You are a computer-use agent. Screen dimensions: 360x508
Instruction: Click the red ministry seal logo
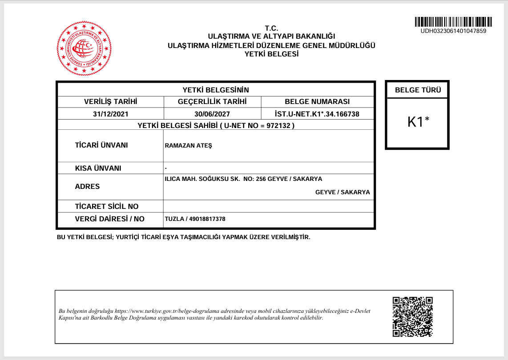coord(84,48)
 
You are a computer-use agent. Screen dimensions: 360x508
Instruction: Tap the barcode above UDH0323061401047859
coord(454,22)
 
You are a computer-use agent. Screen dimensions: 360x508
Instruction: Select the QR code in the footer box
coord(413,317)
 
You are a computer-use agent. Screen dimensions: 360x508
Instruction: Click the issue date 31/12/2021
coord(111,114)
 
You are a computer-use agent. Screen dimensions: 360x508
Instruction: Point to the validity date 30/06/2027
coord(212,114)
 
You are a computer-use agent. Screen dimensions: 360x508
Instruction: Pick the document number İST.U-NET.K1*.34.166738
coord(317,114)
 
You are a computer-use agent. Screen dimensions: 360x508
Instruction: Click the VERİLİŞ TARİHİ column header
coord(111,102)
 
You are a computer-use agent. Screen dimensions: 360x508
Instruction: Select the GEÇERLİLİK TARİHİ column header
coord(212,102)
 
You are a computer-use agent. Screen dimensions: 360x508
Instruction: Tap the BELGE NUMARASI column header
coord(317,102)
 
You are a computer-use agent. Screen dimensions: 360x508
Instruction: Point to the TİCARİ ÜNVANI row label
coord(101,145)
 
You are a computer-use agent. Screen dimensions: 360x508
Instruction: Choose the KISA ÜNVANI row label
coord(98,168)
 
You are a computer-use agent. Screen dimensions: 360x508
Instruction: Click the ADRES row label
coord(88,187)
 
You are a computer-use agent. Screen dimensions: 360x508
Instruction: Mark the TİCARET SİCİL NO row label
coord(107,206)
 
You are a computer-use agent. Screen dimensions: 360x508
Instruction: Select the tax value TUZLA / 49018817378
coord(195,219)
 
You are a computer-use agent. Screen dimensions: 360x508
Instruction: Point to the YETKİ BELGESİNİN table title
coord(216,90)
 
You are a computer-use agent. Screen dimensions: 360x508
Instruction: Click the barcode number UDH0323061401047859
coord(453,31)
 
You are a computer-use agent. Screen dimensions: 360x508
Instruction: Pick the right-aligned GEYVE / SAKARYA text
coord(343,192)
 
